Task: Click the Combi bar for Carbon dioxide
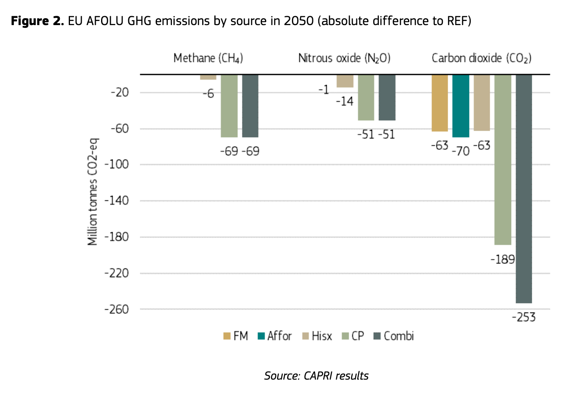(524, 189)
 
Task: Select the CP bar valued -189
(503, 159)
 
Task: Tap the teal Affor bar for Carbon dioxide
(461, 106)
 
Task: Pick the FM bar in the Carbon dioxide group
(440, 103)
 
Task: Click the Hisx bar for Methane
(208, 77)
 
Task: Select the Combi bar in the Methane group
(250, 106)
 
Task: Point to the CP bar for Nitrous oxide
(366, 98)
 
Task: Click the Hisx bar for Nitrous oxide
(345, 81)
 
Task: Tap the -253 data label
(523, 317)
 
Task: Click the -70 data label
(460, 151)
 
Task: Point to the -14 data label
(345, 101)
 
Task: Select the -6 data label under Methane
(208, 94)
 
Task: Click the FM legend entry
(236, 336)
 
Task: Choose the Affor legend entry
(275, 336)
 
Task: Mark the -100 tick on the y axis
(116, 164)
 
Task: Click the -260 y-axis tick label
(116, 309)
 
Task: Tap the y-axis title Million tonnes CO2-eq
(93, 192)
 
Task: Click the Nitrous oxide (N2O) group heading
(344, 58)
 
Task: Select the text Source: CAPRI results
(316, 376)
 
